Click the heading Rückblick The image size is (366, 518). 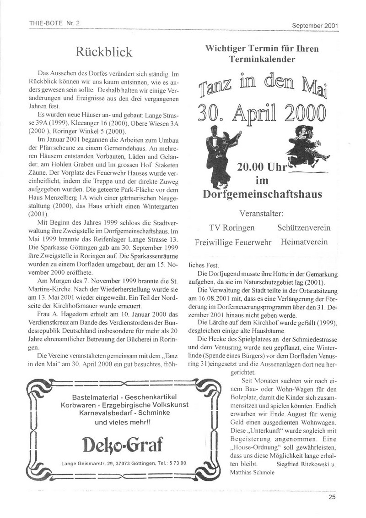(104, 52)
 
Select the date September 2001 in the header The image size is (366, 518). (315, 26)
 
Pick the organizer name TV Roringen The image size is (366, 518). (232, 228)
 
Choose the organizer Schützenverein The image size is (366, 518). (304, 228)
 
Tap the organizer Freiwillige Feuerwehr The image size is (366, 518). (233, 242)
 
